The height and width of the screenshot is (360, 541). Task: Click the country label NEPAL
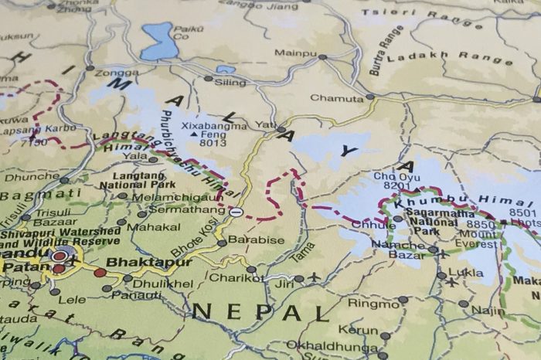click(261, 313)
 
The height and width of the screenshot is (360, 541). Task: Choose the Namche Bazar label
click(398, 250)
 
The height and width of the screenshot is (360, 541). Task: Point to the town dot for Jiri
click(299, 279)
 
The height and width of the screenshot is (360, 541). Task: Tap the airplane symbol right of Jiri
click(315, 277)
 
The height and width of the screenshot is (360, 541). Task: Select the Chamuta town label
click(336, 98)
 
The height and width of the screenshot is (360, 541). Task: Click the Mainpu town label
click(295, 53)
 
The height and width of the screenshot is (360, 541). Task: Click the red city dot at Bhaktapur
click(100, 273)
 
